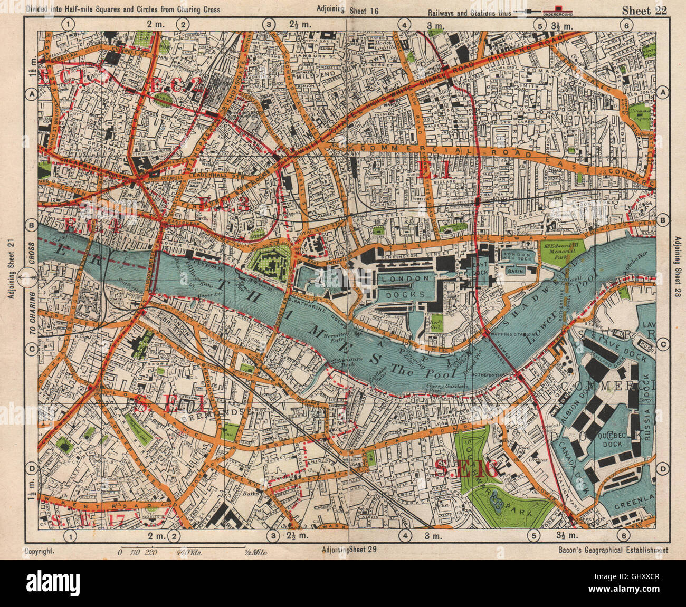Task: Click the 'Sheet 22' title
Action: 644,11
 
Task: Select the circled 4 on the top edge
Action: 404,24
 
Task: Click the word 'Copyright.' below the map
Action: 39,551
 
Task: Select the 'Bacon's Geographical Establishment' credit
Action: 612,550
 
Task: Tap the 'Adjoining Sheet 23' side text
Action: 677,274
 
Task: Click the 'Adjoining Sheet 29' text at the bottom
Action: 349,550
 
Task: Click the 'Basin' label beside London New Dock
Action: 514,270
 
